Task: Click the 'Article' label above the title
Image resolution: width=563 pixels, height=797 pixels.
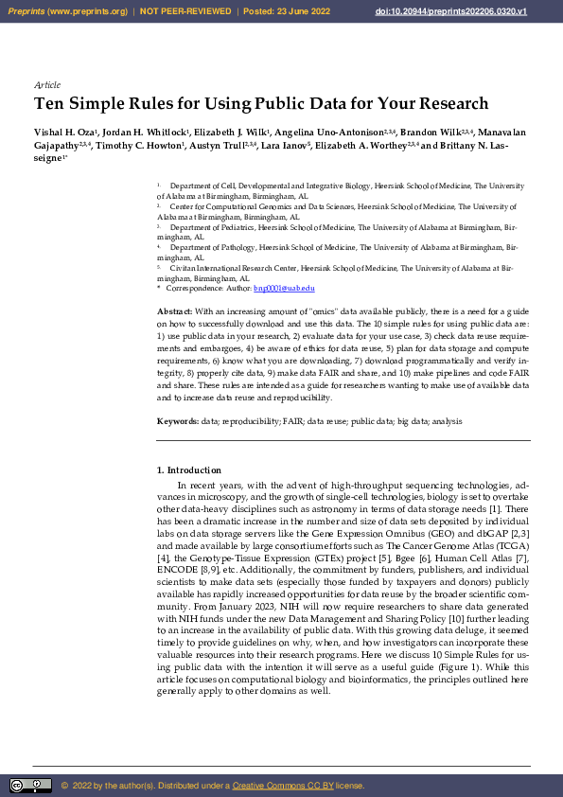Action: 46,85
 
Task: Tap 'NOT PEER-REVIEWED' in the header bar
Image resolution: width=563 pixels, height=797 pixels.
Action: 185,11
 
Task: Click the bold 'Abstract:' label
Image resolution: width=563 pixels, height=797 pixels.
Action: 175,311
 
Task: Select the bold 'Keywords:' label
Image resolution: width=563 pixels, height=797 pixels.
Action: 177,419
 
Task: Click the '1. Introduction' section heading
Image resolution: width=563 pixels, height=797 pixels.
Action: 188,470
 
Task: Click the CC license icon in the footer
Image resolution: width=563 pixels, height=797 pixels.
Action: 30,786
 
